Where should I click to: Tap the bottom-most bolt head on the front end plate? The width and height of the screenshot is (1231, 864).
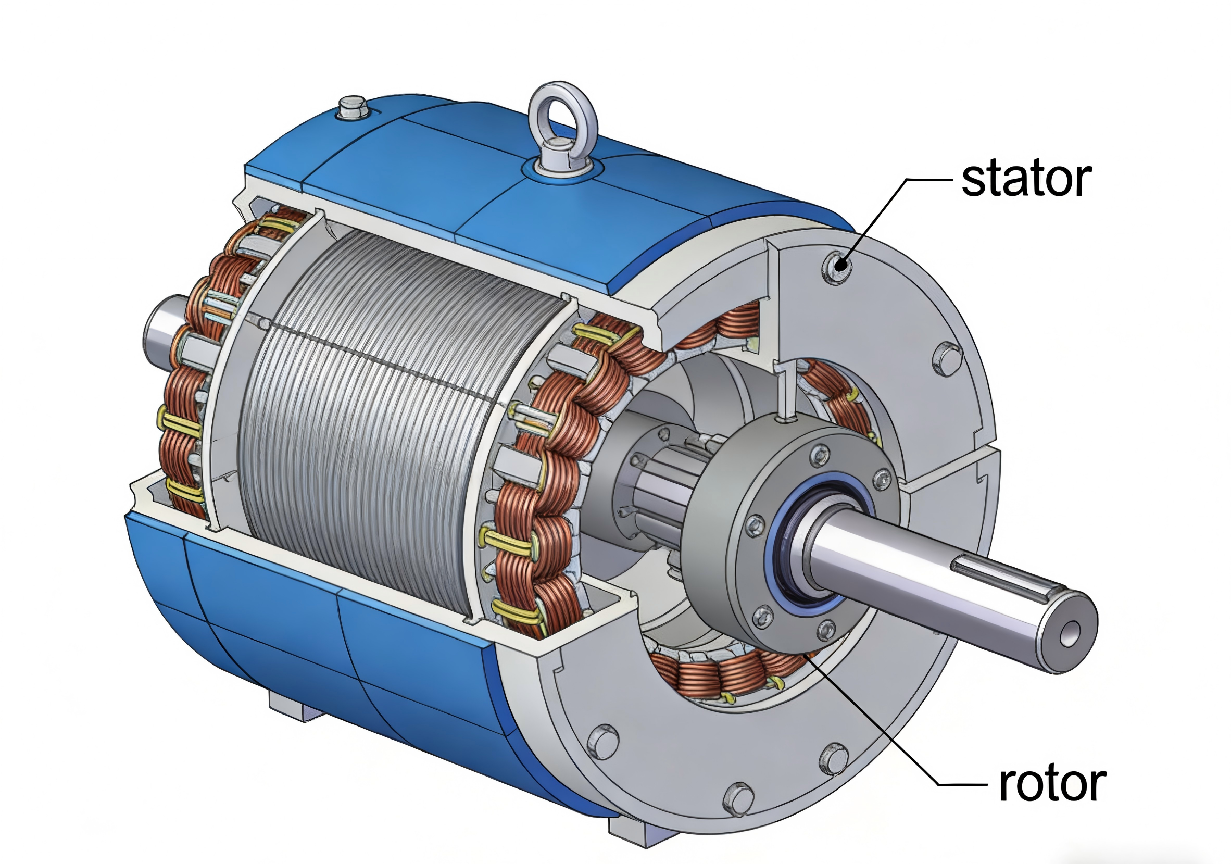[x=738, y=798]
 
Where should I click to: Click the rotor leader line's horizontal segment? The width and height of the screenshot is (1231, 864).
[x=962, y=784]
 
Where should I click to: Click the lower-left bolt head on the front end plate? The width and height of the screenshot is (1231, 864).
[x=602, y=741]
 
